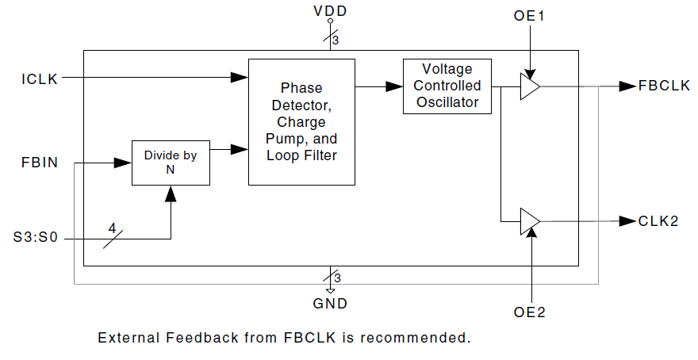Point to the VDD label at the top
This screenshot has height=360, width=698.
coord(330,11)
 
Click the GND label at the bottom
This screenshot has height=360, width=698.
coord(330,303)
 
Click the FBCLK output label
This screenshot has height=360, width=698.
coord(664,85)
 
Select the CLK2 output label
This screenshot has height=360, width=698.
coord(658,221)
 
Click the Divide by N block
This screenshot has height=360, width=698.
coord(171,163)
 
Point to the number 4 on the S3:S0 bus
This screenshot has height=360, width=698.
coord(112,228)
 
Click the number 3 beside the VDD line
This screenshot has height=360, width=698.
coord(336,40)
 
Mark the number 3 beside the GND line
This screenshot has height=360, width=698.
coord(336,278)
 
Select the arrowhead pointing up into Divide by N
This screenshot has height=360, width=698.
coord(171,193)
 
